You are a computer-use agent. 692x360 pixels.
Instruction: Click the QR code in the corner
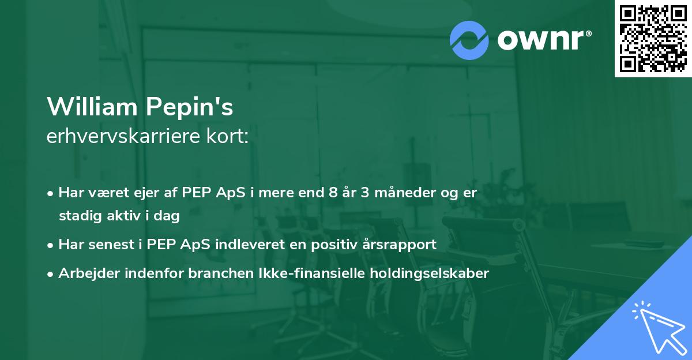[x=653, y=39]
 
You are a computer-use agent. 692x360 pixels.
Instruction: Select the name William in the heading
[x=91, y=107]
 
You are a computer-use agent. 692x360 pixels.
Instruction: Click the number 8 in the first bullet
[x=332, y=192]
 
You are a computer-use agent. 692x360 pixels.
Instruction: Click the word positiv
[x=326, y=245]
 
